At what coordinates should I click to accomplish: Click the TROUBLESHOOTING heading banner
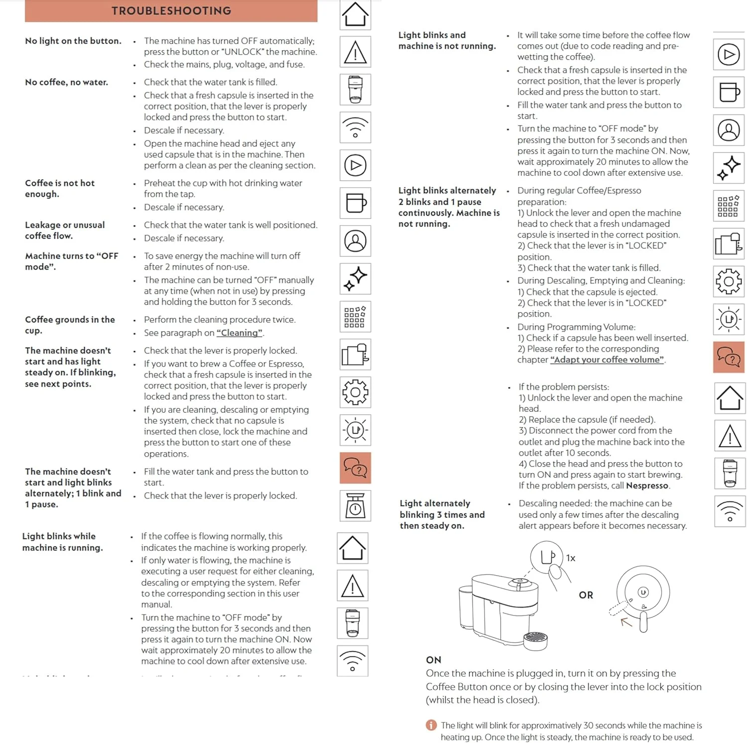coord(171,11)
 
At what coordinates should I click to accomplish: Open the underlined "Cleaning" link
coord(239,333)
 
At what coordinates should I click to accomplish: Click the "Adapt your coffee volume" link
coord(607,360)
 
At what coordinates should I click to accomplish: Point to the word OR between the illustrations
coord(586,595)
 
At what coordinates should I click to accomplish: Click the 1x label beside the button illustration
coord(571,558)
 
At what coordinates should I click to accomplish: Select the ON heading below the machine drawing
coord(433,660)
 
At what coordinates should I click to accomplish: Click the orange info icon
coord(431,725)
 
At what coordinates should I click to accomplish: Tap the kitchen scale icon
coord(355,506)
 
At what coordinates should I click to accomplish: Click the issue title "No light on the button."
coord(73,41)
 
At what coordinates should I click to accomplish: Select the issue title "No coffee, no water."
coord(66,82)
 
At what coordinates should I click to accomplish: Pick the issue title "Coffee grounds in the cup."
coord(70,325)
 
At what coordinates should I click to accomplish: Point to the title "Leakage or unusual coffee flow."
coord(65,230)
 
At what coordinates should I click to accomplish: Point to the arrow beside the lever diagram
coord(626,621)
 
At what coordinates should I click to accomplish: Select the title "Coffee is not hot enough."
coord(60,188)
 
